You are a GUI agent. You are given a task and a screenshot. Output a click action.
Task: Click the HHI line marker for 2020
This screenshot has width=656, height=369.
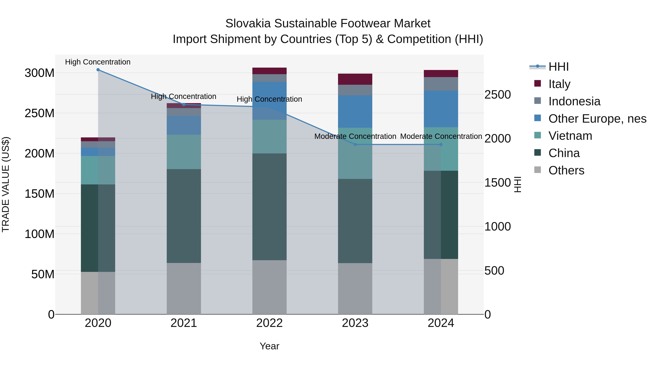point(98,70)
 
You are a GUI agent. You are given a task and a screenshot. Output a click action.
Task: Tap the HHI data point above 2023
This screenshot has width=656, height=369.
point(355,145)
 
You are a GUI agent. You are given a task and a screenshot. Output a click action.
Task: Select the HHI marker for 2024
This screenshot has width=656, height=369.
point(441,145)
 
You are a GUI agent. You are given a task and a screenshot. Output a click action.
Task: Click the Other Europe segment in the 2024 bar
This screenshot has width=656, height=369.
point(441,109)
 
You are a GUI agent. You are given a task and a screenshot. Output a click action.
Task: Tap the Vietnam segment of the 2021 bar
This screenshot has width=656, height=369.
point(184,152)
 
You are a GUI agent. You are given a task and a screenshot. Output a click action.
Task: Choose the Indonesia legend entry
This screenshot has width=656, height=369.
point(574,101)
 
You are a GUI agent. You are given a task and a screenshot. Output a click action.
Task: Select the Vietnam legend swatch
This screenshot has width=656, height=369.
point(537,135)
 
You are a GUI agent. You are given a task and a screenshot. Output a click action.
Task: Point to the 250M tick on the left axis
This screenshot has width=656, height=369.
point(40,113)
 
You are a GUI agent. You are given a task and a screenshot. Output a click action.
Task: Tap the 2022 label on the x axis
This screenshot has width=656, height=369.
point(270,323)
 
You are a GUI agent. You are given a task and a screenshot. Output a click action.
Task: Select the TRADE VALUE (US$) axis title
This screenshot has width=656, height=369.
point(6,184)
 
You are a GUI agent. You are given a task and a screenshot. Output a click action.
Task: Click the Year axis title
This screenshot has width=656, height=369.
point(270,346)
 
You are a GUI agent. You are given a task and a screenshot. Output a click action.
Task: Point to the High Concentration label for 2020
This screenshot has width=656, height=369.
point(98,62)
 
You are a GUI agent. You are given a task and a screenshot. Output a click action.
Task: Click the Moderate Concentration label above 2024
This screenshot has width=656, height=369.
point(441,136)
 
